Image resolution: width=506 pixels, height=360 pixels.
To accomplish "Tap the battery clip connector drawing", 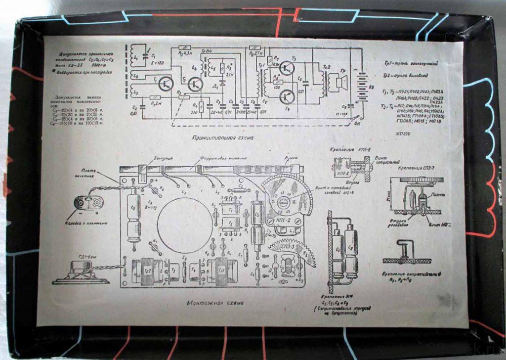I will [x=88, y=203].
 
